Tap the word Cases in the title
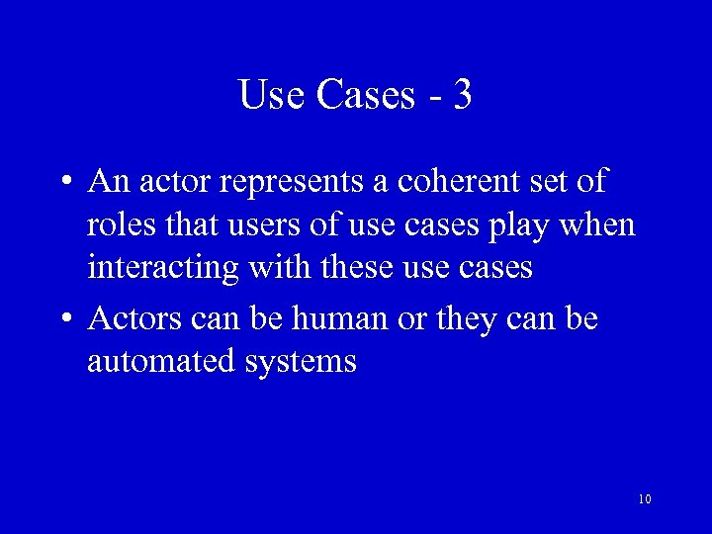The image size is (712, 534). pos(367,95)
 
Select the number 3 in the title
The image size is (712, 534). pos(462,95)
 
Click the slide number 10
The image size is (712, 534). pos(645,499)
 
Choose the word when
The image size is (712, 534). pos(597,224)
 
